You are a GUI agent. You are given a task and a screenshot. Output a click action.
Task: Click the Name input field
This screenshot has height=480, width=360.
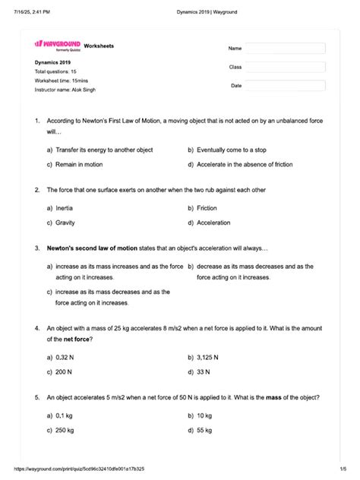tap(285, 49)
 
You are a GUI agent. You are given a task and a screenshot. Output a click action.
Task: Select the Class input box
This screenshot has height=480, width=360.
tap(285, 67)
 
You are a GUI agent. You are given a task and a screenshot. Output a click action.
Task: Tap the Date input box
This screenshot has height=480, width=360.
tap(285, 86)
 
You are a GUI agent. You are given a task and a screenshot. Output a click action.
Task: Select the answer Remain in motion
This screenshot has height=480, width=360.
tap(79, 164)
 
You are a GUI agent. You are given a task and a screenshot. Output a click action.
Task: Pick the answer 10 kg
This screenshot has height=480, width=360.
tap(204, 415)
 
